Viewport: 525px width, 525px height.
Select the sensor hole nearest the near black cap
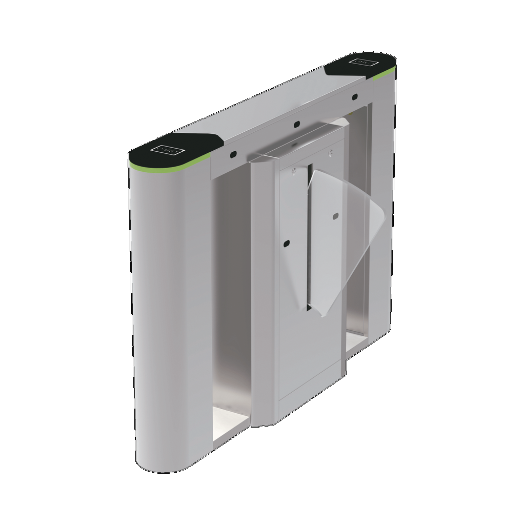232,154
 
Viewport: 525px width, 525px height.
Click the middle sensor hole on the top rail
296,124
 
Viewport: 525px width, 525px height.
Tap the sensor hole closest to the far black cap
354,96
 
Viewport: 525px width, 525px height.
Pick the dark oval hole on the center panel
287,243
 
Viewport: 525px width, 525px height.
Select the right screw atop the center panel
330,152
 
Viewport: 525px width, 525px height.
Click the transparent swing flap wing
344,241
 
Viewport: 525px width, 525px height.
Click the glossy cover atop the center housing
297,141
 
